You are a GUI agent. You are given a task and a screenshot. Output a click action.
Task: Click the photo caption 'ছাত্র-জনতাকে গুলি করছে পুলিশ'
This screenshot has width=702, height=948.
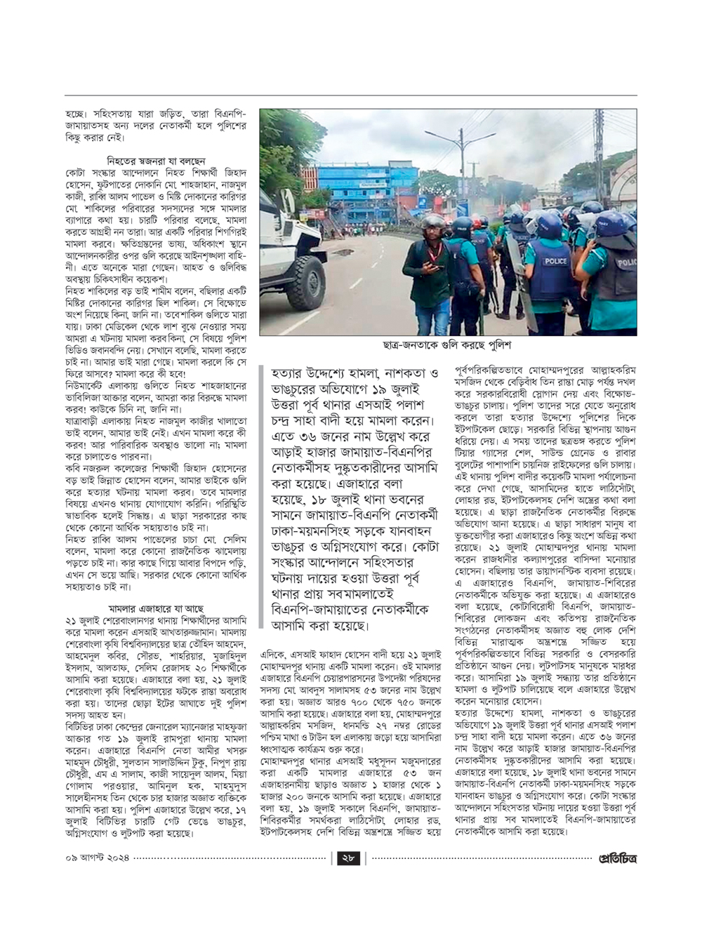(447, 346)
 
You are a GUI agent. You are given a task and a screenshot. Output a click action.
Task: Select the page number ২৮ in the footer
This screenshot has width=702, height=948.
(348, 858)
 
